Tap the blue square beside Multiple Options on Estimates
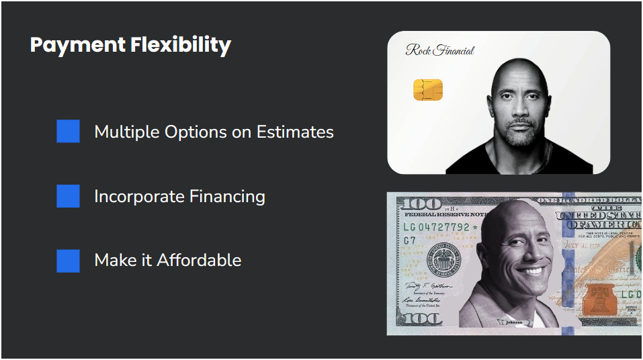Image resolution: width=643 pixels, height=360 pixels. (x=68, y=132)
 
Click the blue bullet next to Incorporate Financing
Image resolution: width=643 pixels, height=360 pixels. (x=68, y=196)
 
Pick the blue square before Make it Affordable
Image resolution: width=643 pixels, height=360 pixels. (x=68, y=261)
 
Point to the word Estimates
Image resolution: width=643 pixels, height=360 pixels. (x=295, y=132)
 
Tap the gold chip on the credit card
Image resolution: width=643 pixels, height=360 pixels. (x=427, y=89)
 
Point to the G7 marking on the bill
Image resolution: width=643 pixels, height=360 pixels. (x=409, y=240)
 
